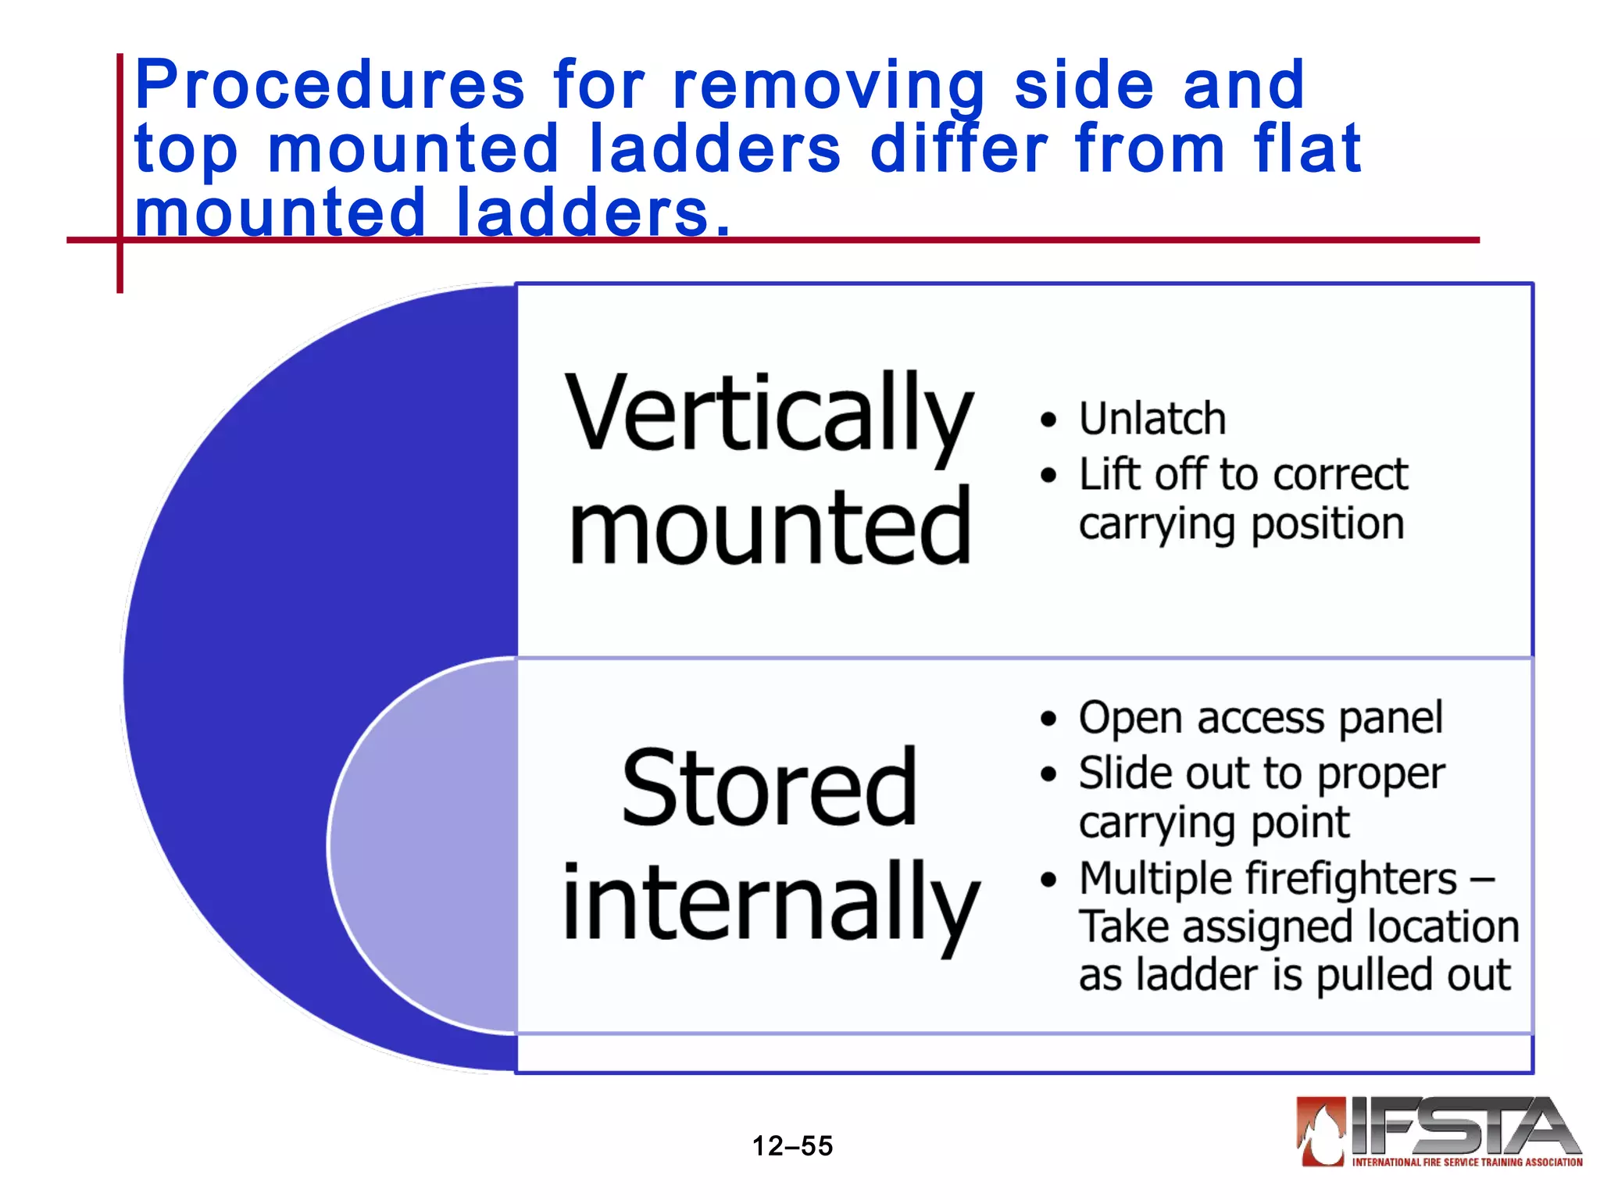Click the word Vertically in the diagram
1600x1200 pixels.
tap(769, 414)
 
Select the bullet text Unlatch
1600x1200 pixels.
tap(1152, 419)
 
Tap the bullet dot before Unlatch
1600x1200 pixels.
tap(1048, 420)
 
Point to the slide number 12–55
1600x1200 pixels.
tap(792, 1146)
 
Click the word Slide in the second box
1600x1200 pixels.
tap(1124, 774)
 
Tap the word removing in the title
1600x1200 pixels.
tap(828, 86)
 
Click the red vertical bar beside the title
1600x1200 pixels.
tap(120, 172)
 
